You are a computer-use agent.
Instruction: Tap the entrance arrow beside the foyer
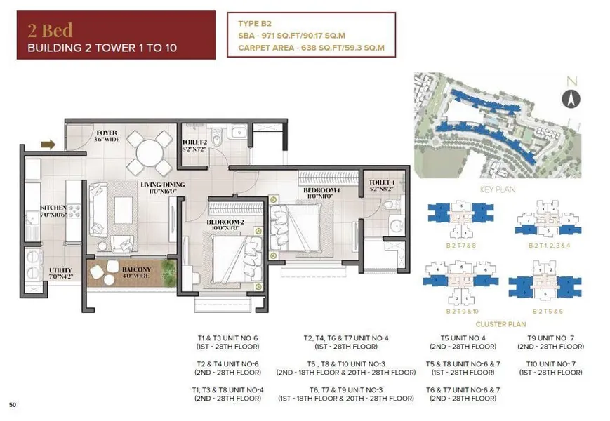point(48,145)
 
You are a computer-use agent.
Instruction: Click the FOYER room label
point(107,133)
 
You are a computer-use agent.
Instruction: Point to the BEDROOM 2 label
point(225,222)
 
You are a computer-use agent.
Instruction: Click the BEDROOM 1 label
point(321,190)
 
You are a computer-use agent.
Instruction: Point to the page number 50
point(13,405)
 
